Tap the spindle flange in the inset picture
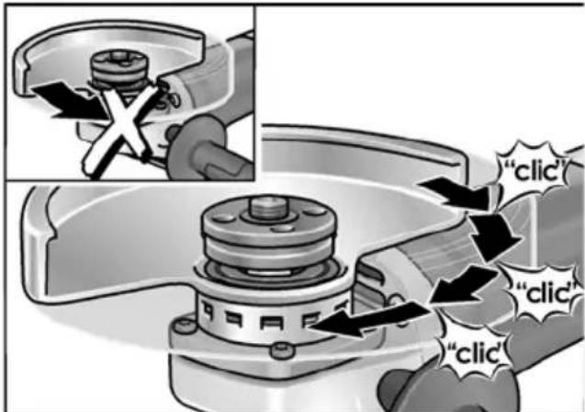pyautogui.click(x=118, y=71)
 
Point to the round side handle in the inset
pyautogui.click(x=197, y=147)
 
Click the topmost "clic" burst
pyautogui.click(x=534, y=170)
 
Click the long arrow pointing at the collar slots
pyautogui.click(x=369, y=319)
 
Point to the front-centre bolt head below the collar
pyautogui.click(x=282, y=351)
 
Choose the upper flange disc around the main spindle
pyautogui.click(x=269, y=221)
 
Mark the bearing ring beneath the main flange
pyautogui.click(x=272, y=275)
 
